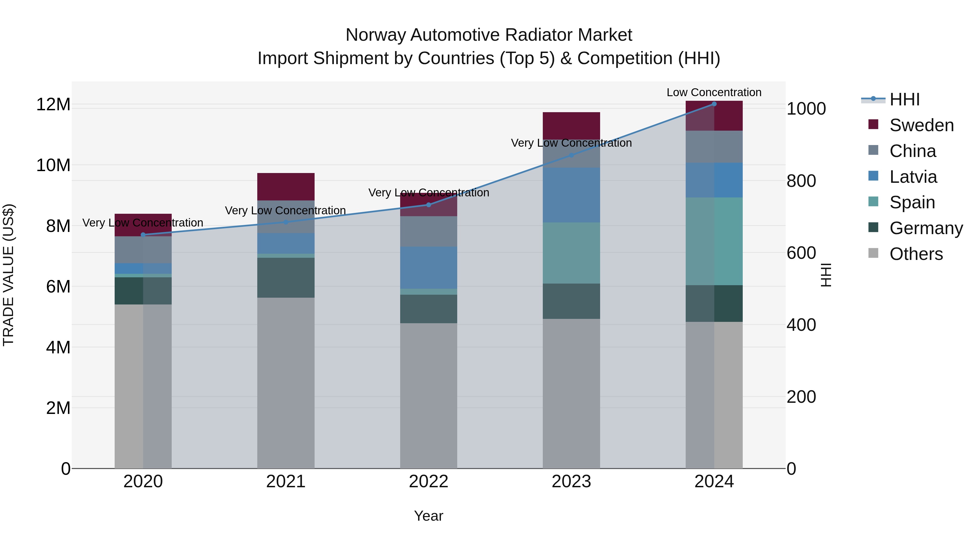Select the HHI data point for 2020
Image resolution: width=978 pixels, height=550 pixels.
point(143,235)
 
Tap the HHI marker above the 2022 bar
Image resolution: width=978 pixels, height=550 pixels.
point(429,205)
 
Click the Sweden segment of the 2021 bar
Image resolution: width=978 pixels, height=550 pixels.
point(286,187)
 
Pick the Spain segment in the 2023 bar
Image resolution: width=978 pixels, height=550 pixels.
point(571,253)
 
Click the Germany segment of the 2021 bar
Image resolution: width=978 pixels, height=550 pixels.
point(286,278)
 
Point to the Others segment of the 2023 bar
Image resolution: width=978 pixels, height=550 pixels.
point(571,393)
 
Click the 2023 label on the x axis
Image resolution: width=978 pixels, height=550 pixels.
point(571,482)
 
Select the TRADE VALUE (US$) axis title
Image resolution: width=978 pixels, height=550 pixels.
point(9,275)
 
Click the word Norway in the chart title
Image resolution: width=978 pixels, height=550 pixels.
point(376,35)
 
